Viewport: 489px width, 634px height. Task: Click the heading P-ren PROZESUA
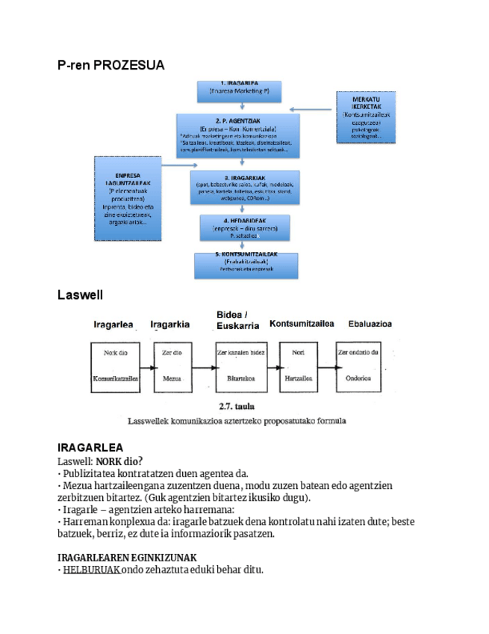[x=110, y=66]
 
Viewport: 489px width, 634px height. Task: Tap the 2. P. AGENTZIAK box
[x=237, y=135]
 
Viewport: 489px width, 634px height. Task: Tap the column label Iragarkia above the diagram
[x=169, y=324]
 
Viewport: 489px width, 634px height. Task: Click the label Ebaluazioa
[x=370, y=324]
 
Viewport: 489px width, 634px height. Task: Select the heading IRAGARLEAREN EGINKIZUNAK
[x=127, y=557]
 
